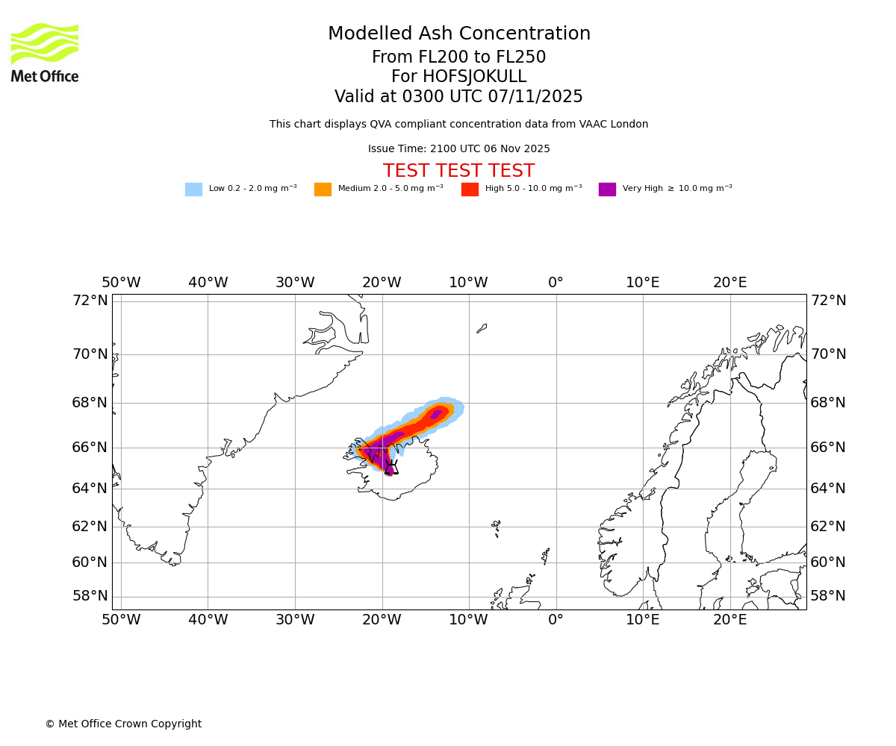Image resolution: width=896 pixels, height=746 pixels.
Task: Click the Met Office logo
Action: coord(45,52)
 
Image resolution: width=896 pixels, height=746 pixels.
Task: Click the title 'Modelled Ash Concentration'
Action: coord(459,34)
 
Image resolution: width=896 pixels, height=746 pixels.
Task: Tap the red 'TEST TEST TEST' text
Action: coord(458,172)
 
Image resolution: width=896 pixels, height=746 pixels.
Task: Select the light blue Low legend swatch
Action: coord(193,189)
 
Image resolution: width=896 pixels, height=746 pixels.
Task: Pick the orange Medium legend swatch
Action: coord(323,189)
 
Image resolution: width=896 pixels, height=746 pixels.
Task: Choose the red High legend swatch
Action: coord(470,189)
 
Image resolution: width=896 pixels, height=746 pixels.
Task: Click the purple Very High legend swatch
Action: coord(607,189)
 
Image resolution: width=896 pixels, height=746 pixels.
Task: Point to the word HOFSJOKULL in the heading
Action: coord(475,77)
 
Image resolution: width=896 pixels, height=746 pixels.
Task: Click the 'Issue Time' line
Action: coord(458,149)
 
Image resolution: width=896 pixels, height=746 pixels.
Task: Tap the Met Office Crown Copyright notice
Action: coord(123,724)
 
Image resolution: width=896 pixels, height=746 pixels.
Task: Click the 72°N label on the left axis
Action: coord(90,301)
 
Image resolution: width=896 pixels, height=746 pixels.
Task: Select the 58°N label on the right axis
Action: coord(828,596)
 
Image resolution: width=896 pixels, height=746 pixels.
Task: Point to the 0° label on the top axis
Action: coord(556,283)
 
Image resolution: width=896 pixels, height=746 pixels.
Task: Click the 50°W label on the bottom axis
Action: coord(121,619)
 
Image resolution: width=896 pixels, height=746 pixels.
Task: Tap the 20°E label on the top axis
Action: coord(729,283)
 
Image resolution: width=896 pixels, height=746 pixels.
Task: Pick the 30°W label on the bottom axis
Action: coord(295,619)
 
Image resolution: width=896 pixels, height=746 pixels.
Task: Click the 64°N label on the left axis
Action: coord(90,489)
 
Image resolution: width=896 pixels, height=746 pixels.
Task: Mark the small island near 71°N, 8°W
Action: coord(482,328)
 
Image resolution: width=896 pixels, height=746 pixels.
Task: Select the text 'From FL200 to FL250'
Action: coord(458,57)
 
